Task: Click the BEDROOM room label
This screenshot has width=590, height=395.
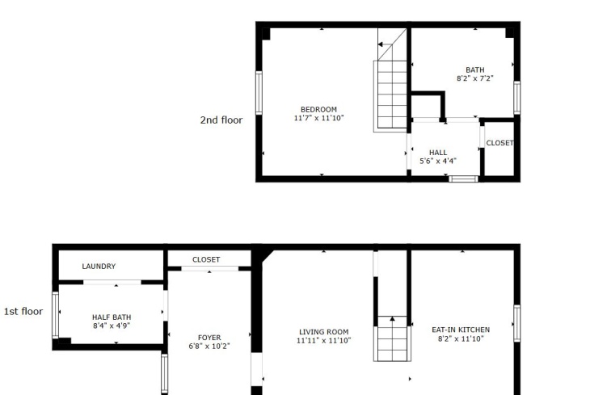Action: click(x=318, y=110)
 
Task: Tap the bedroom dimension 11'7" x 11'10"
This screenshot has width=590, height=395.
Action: click(x=318, y=119)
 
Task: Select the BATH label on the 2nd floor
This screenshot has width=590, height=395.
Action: click(x=474, y=70)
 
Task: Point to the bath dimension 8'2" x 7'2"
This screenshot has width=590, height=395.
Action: click(x=474, y=79)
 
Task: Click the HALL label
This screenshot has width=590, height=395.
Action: click(x=438, y=152)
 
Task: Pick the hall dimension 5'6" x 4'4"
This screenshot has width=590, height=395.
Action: click(x=438, y=161)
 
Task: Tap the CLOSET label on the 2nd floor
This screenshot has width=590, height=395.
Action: click(x=499, y=143)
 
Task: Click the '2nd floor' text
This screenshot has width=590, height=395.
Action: click(x=221, y=120)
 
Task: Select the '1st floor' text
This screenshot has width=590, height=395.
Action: click(x=23, y=311)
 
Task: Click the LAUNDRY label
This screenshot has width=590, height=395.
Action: click(x=99, y=267)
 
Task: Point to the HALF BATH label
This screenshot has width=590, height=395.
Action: click(x=112, y=317)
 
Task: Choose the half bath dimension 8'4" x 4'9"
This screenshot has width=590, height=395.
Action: click(x=112, y=326)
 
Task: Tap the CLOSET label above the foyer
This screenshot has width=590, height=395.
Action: click(x=206, y=260)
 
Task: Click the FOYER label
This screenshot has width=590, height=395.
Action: click(x=209, y=338)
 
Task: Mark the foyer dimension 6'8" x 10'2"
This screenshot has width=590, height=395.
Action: click(x=209, y=347)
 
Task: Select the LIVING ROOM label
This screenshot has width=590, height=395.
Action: click(x=323, y=331)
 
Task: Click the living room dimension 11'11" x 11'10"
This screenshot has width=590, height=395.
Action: click(x=323, y=340)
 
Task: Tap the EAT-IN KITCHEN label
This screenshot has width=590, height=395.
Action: click(x=461, y=330)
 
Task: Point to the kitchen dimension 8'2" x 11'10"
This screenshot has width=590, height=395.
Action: click(x=461, y=338)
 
